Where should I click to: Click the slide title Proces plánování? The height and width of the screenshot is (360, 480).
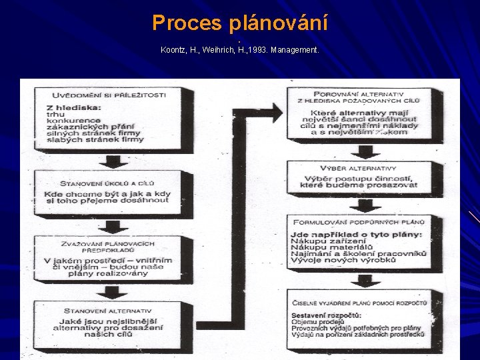240,23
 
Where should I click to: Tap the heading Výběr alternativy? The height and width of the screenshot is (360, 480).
359,169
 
